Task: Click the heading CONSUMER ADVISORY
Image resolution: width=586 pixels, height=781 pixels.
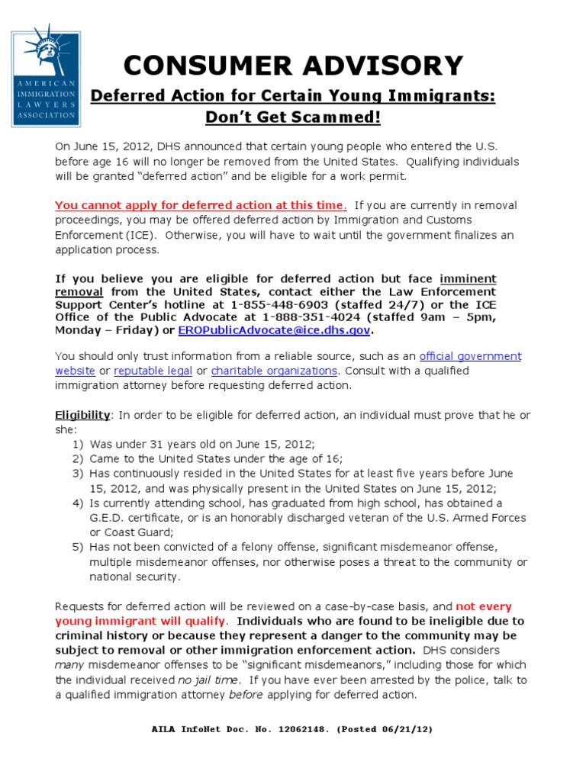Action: point(293,66)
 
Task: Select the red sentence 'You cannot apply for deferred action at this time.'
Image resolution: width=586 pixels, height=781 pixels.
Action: point(201,205)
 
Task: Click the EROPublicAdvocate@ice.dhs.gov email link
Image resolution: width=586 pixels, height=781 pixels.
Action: point(275,330)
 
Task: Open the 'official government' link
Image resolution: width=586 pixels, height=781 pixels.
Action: point(470,356)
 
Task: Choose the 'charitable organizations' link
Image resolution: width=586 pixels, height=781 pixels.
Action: point(274,371)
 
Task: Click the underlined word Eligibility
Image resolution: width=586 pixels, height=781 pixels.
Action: point(82,415)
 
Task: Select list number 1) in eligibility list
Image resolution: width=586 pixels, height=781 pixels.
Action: point(78,444)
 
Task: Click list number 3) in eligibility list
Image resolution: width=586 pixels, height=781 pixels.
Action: point(78,474)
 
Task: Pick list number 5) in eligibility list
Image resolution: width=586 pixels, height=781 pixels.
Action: point(78,547)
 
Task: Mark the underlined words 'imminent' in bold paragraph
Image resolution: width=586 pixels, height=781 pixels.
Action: point(467,278)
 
